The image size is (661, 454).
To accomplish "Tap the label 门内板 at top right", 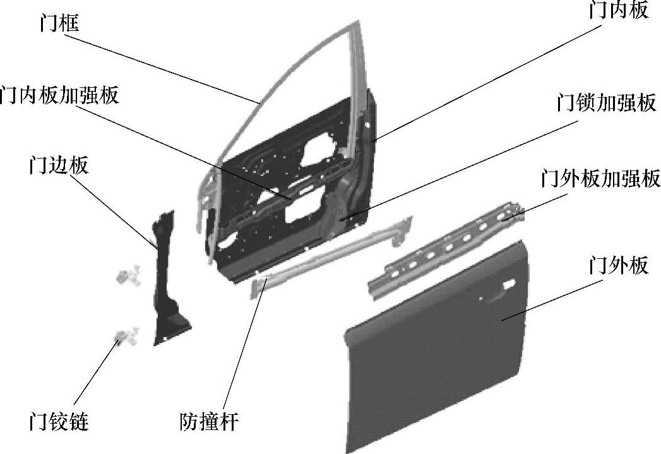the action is click(618, 11).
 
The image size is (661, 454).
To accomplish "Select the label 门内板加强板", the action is click(59, 95).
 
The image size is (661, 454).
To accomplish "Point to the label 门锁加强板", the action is click(606, 102).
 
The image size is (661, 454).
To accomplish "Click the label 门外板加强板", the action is click(600, 179).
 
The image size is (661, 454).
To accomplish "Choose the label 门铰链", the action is click(59, 421).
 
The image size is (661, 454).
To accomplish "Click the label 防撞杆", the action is click(209, 421).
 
